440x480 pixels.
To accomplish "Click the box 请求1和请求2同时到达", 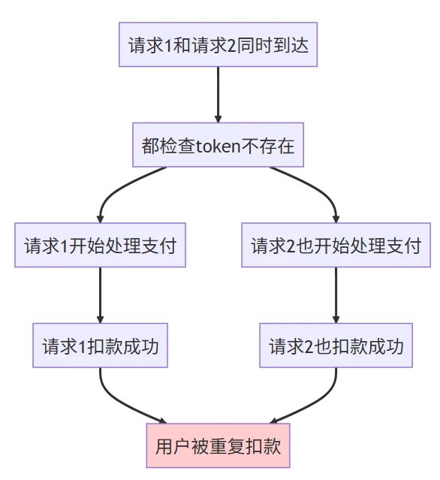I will coord(218,45).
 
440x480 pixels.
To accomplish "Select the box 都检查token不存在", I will coord(218,145).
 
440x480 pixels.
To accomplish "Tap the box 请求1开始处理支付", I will coord(100,246).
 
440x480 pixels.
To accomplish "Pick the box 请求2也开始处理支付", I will coord(336,246).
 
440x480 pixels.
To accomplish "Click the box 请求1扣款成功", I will coord(100,346).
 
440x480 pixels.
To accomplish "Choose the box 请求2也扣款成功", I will coord(336,346).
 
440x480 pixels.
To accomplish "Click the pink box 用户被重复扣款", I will coord(218,445).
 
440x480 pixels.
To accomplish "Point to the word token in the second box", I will coord(218,146).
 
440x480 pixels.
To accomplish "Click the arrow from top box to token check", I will coord(218,94).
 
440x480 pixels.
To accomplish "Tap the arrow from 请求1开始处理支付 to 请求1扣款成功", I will coord(100,295).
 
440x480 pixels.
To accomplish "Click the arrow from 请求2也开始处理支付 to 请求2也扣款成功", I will coord(336,295).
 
